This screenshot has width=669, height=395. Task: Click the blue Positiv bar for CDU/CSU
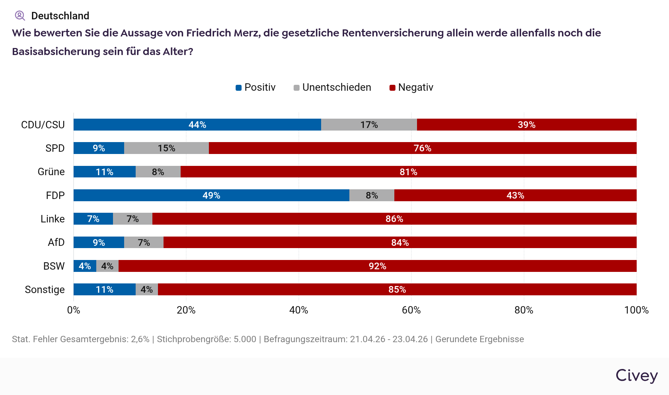coord(197,125)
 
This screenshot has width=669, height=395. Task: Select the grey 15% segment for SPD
coord(166,148)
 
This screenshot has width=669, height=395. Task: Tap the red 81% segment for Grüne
coord(408,172)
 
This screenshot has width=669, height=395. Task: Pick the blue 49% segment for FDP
coord(211,195)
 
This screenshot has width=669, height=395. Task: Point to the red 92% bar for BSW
coord(377,266)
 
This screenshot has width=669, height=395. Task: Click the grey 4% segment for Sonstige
coord(146,289)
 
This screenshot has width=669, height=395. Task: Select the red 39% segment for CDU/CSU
coord(526,125)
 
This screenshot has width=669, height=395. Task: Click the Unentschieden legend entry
coord(332,87)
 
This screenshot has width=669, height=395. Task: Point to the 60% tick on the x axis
coord(411,310)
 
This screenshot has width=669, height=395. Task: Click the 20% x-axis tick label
coord(186,310)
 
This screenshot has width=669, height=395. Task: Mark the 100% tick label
coord(636,310)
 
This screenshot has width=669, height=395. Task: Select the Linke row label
coord(52,219)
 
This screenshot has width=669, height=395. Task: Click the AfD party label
coord(56,243)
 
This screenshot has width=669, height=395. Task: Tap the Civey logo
coord(636,376)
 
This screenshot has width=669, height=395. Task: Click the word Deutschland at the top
coord(60,16)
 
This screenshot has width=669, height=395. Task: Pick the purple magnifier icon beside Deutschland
coord(20,16)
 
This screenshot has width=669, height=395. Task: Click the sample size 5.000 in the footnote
coord(245,339)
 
